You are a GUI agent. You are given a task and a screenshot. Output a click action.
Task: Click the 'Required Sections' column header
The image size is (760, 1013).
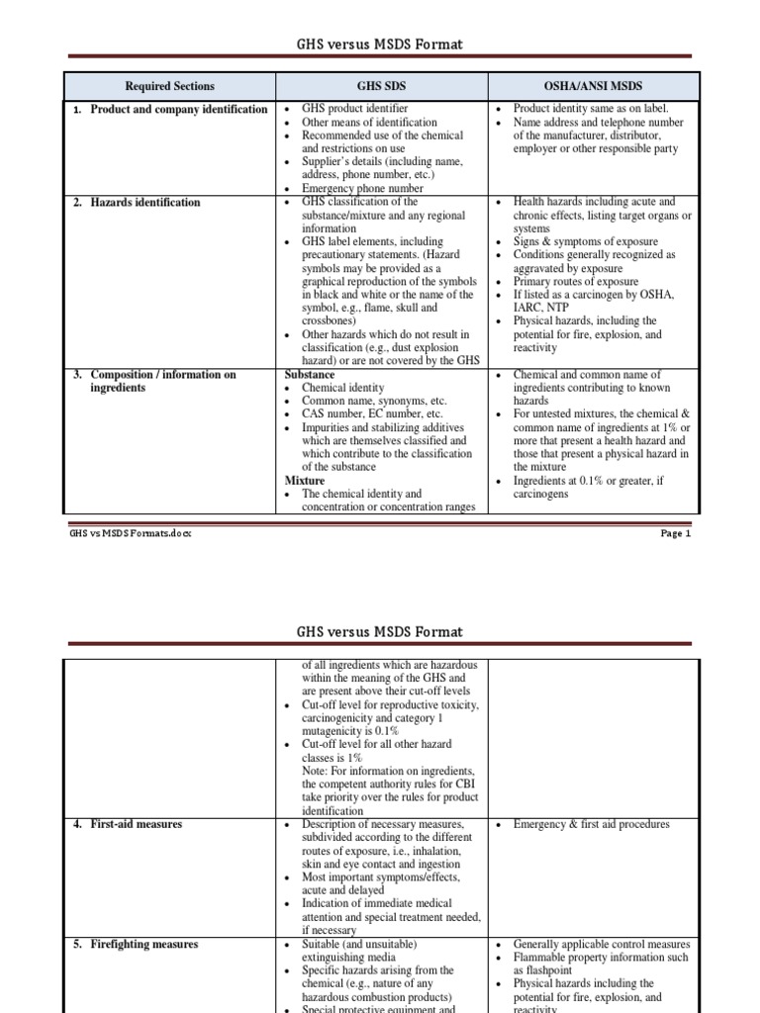169,86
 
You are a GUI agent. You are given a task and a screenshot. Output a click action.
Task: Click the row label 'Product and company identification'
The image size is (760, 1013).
178,109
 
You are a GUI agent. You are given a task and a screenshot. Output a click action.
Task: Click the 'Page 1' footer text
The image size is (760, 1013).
676,533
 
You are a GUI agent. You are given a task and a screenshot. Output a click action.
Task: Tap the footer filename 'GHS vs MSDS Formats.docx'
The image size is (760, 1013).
130,533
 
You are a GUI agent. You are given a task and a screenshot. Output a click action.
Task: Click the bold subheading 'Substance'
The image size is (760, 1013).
310,375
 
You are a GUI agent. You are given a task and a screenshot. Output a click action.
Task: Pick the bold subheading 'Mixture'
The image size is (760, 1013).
305,481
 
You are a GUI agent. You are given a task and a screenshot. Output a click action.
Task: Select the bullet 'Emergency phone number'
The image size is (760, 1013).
362,188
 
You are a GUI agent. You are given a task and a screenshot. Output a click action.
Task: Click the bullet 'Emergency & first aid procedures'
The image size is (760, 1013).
591,824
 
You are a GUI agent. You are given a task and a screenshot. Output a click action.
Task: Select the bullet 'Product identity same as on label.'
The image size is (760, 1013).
591,109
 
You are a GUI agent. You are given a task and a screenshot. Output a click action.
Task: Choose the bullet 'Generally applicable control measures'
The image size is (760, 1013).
602,944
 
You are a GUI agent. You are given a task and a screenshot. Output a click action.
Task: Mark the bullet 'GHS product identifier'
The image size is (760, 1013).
354,109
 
